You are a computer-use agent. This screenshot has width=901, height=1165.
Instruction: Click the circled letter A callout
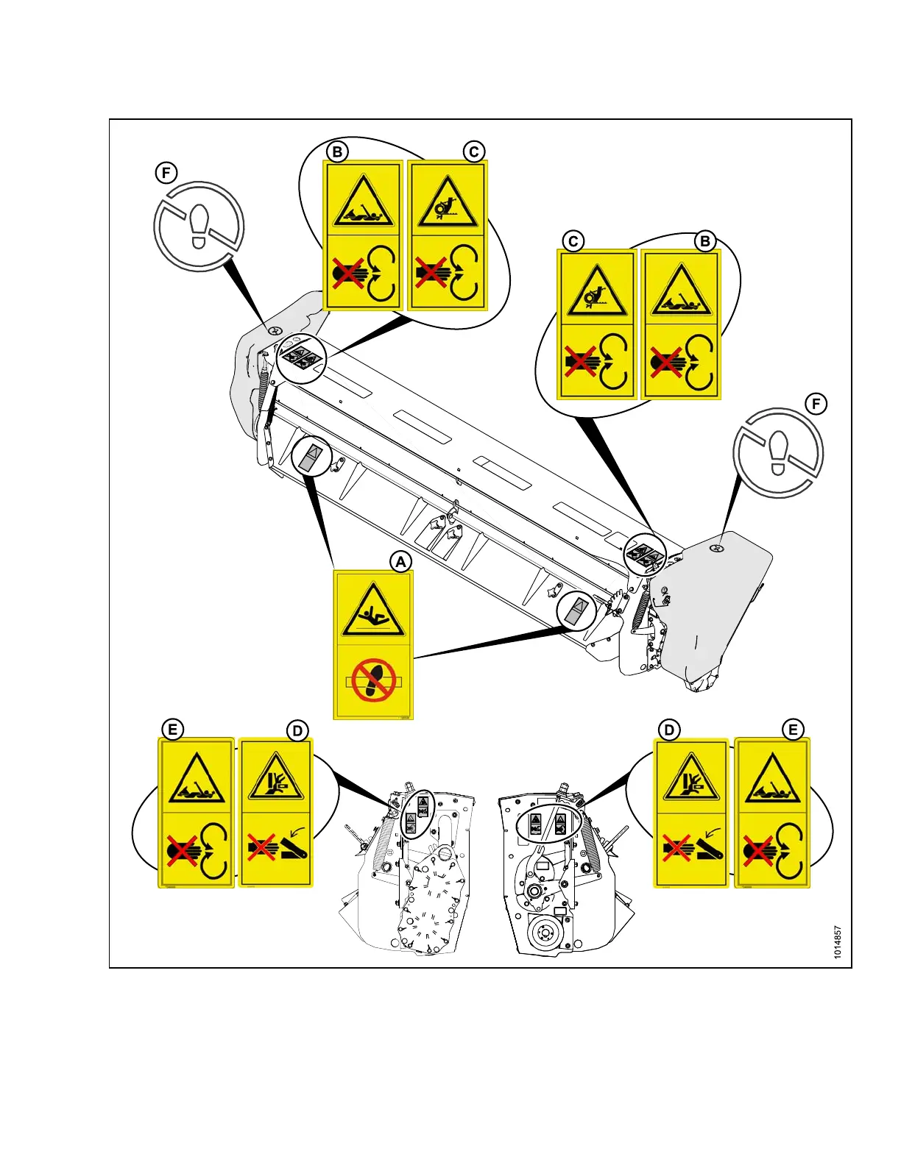click(400, 562)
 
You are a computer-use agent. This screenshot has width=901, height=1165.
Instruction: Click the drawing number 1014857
click(838, 942)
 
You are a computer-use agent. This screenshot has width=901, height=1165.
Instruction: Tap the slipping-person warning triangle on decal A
click(373, 610)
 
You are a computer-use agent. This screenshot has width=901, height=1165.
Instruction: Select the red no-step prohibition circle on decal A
click(374, 680)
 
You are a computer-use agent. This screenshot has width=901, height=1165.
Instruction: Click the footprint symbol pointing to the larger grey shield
click(778, 452)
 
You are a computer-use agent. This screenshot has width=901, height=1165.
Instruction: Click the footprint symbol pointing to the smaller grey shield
click(199, 226)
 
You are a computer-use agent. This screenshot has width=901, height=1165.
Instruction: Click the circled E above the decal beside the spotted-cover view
click(172, 730)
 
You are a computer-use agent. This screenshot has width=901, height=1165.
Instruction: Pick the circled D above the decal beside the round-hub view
click(668, 730)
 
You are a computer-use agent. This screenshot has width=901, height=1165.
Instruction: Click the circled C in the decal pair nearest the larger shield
click(573, 241)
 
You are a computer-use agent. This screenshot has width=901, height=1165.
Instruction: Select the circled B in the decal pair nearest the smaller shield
click(337, 152)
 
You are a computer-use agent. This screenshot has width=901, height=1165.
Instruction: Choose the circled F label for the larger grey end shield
click(815, 404)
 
